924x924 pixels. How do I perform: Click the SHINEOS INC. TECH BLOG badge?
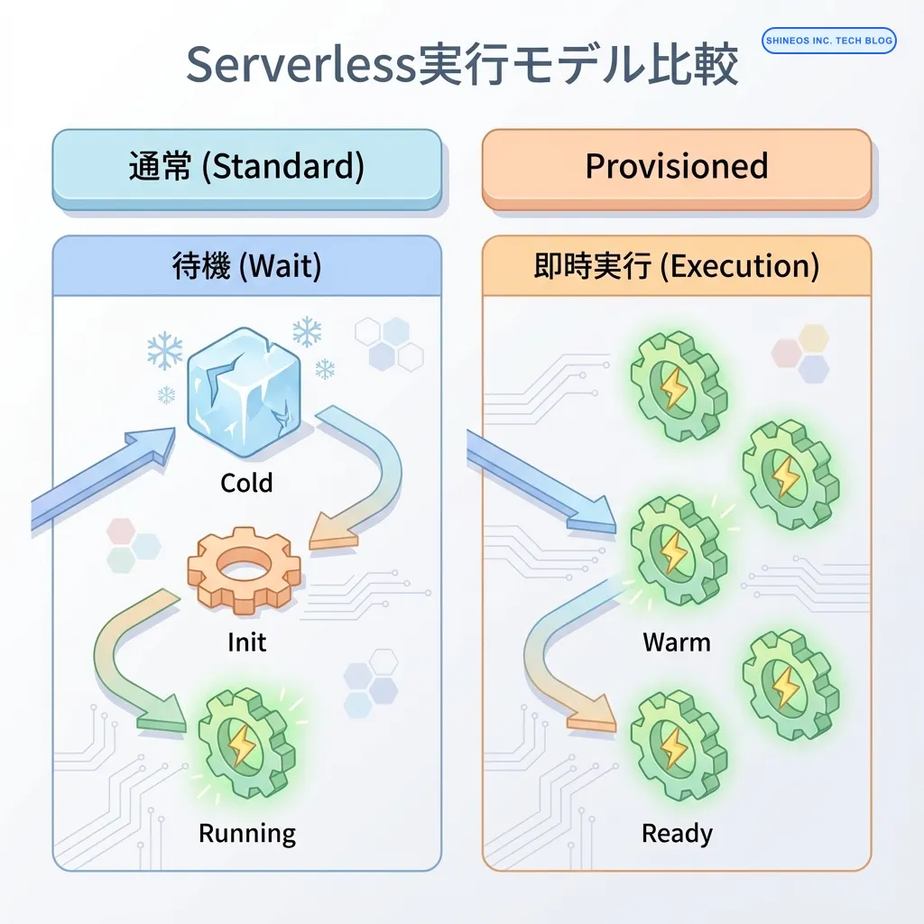828,40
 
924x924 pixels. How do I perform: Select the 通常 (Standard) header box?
246,168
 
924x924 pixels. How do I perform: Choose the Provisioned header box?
676,167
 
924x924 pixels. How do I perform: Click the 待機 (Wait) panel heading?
246,267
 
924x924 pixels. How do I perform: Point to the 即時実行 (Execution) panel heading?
676,267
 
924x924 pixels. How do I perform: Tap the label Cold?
246,484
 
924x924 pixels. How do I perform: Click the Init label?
246,642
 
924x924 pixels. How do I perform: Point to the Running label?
246,833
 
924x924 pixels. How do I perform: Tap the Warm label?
676,642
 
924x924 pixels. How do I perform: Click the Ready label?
676,833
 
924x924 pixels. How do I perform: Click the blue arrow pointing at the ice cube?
104,478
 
